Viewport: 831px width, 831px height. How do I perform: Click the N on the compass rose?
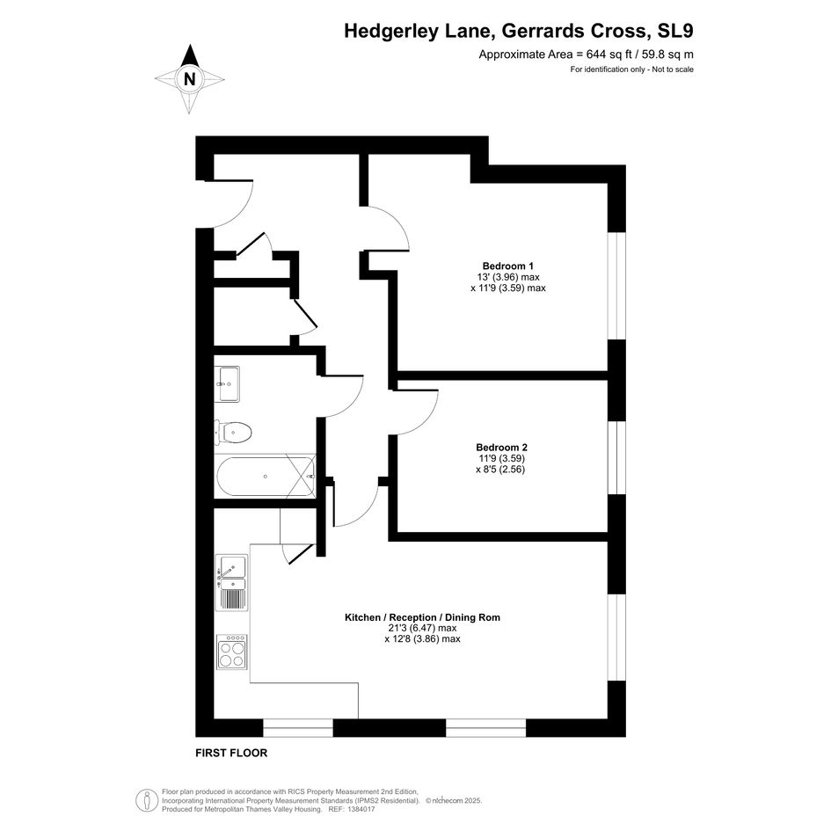pyautogui.click(x=189, y=79)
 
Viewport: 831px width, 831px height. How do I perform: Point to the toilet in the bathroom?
pyautogui.click(x=233, y=433)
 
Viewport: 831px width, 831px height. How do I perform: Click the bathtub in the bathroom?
pyautogui.click(x=265, y=477)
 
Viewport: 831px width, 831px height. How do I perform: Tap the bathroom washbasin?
pyautogui.click(x=229, y=383)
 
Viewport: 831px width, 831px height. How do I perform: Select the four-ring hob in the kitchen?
pyautogui.click(x=231, y=652)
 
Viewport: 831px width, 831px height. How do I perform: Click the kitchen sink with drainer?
pyautogui.click(x=231, y=582)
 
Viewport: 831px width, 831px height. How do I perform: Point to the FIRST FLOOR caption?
pyautogui.click(x=231, y=753)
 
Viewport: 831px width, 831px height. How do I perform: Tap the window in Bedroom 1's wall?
pyautogui.click(x=616, y=286)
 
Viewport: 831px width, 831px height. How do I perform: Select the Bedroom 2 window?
pyautogui.click(x=616, y=458)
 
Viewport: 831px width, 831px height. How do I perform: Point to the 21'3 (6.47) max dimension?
pyautogui.click(x=422, y=629)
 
